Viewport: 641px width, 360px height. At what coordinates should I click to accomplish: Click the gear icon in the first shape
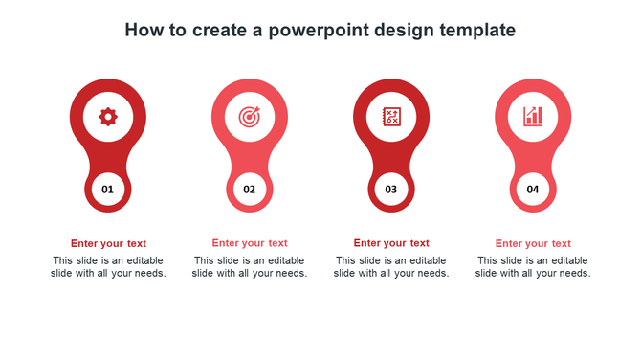click(x=108, y=117)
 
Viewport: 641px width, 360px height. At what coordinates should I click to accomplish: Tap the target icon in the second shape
click(x=249, y=117)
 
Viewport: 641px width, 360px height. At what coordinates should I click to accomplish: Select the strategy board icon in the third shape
click(x=390, y=117)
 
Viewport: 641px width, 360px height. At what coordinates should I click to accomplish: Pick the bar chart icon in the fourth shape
click(x=533, y=117)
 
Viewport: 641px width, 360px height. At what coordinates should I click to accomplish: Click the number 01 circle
click(x=108, y=190)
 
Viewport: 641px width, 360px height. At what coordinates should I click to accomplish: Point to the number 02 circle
click(x=249, y=190)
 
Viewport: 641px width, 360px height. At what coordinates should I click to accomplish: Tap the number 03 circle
click(x=390, y=190)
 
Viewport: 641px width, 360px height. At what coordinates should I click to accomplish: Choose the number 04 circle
click(x=533, y=190)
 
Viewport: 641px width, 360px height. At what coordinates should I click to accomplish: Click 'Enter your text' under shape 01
click(x=108, y=243)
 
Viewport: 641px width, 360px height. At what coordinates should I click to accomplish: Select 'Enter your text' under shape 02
click(x=250, y=243)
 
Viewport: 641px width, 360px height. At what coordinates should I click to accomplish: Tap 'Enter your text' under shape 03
click(x=391, y=243)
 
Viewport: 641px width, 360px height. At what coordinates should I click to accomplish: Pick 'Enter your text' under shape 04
click(x=533, y=243)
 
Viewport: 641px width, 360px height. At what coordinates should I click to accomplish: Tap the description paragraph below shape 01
click(x=108, y=267)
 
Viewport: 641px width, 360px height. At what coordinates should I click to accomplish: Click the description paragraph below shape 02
click(x=250, y=267)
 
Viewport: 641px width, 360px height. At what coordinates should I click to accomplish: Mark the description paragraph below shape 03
click(x=391, y=267)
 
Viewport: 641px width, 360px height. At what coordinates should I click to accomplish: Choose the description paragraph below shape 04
click(x=533, y=267)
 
